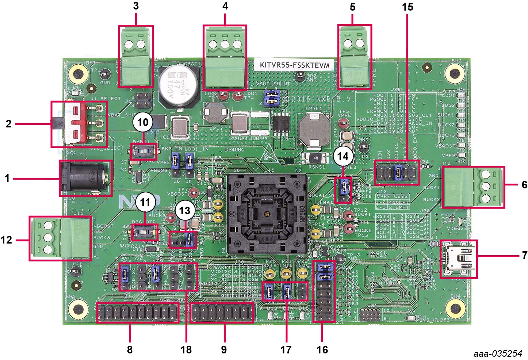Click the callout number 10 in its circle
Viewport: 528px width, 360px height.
[x=143, y=122]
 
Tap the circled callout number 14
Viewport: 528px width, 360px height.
[x=343, y=156]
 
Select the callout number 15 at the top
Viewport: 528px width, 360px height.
[x=408, y=7]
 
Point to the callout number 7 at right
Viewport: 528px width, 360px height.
[x=524, y=255]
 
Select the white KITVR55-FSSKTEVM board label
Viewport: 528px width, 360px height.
[x=294, y=65]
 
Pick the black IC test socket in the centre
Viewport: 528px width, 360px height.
[x=267, y=214]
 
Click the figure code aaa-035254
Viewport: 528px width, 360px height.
[x=498, y=353]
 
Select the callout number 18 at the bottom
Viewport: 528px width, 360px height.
[x=186, y=349]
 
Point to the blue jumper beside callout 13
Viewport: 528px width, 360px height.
[x=189, y=240]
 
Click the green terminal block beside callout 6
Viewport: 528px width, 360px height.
[x=473, y=187]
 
